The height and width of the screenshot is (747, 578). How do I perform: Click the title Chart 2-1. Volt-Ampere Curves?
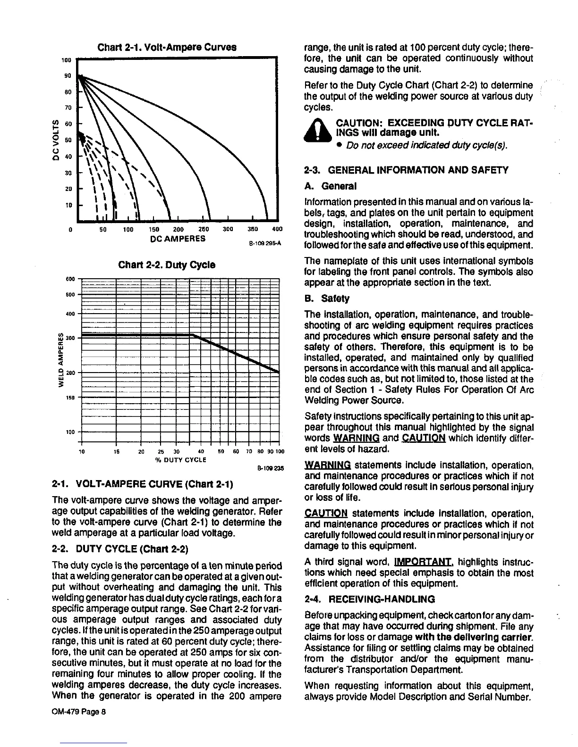click(167, 48)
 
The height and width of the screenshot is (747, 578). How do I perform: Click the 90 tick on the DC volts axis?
click(68, 76)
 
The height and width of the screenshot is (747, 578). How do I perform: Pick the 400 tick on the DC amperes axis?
click(277, 230)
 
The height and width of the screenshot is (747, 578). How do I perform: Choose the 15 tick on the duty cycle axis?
click(116, 451)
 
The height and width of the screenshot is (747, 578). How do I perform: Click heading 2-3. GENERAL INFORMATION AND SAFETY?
click(406, 170)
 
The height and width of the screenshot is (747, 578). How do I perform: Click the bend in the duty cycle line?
click(194, 335)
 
